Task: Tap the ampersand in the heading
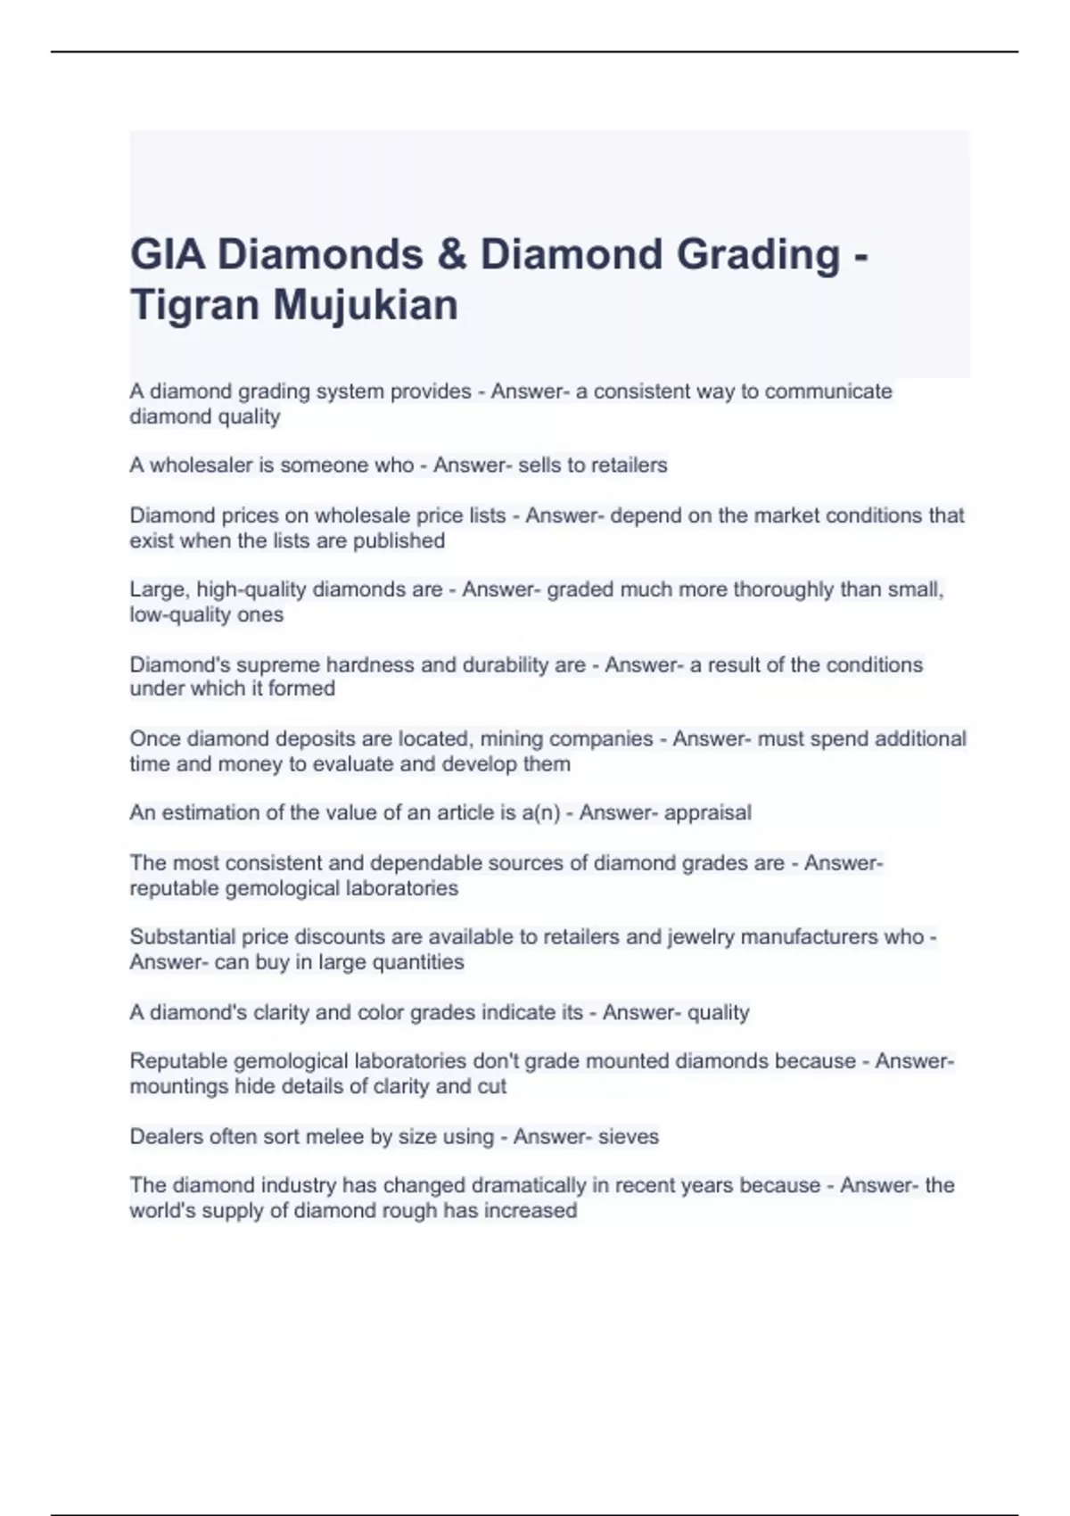452,255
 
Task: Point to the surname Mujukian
366,305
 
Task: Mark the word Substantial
181,937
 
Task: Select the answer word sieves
629,1137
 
